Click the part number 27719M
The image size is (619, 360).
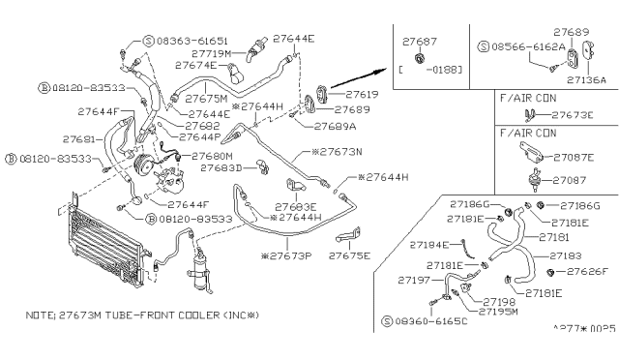[213, 54]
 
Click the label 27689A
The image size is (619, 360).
[336, 126]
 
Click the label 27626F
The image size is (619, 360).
[587, 271]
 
